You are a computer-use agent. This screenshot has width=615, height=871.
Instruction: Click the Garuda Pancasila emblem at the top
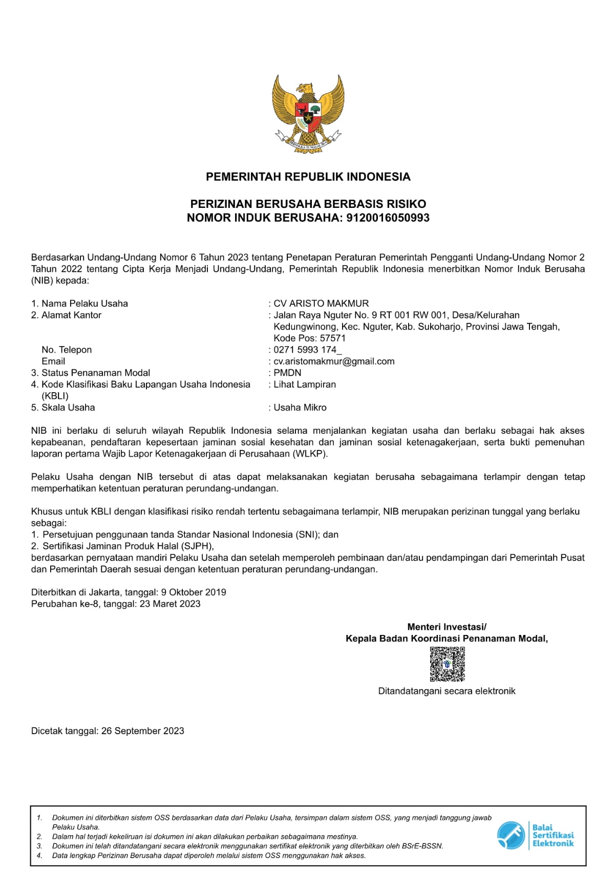pos(308,113)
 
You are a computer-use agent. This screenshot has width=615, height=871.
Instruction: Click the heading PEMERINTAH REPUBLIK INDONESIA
pos(308,177)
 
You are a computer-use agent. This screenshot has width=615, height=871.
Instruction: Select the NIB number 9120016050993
pos(388,218)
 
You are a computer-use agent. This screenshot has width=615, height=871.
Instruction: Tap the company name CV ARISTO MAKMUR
pos(321,304)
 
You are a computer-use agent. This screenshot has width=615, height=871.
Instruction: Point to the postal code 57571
pos(333,338)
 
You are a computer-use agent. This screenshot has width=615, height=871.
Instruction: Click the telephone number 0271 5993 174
pos(305,350)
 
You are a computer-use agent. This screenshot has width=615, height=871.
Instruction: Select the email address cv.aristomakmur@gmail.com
pos(334,362)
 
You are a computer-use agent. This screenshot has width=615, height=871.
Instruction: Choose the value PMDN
pos(287,373)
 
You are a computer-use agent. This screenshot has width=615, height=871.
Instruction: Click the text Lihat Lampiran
pos(305,385)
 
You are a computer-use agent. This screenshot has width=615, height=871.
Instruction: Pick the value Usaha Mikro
pos(300,408)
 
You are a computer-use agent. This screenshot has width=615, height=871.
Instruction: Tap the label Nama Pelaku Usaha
pos(84,304)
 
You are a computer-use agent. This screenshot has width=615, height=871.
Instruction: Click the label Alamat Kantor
pos(71,315)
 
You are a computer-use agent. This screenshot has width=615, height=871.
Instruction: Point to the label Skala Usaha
pos(68,408)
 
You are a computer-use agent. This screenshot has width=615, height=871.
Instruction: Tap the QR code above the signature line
pos(447,664)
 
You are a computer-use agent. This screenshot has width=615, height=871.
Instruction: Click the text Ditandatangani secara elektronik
pos(447,691)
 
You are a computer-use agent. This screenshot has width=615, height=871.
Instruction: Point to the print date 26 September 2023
pos(143,731)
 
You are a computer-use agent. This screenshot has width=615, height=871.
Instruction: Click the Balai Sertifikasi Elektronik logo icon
pos(511,835)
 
